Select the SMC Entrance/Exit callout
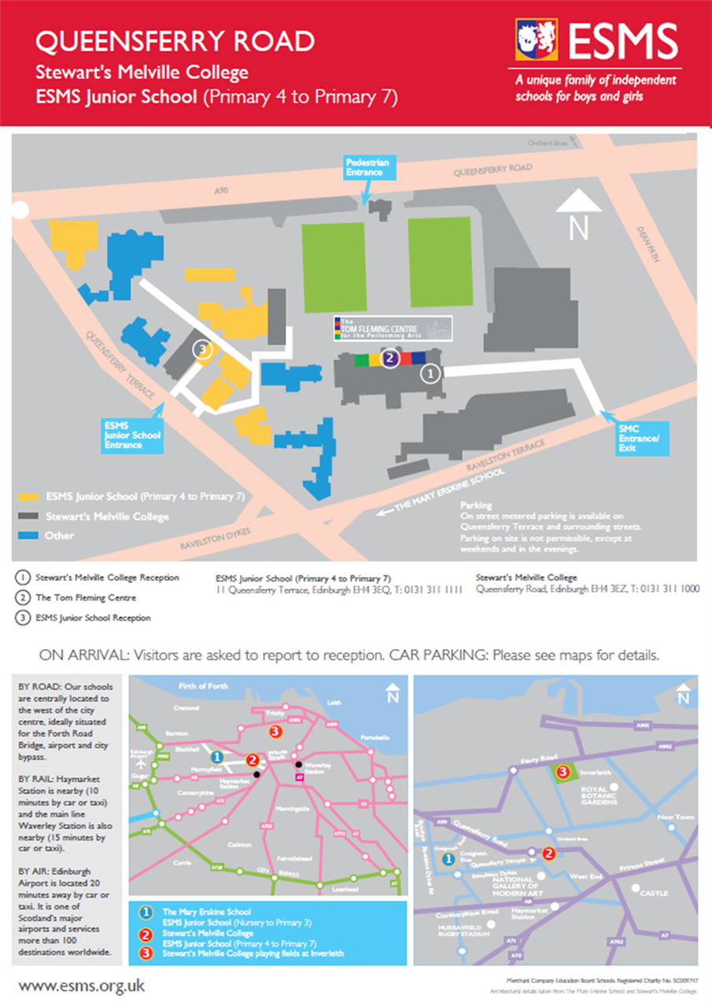(x=642, y=436)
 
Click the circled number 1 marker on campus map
(x=430, y=374)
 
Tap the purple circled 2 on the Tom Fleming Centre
(x=389, y=359)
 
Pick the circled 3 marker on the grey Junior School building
(x=203, y=349)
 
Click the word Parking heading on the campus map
(x=476, y=505)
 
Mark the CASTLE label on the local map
(x=655, y=894)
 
